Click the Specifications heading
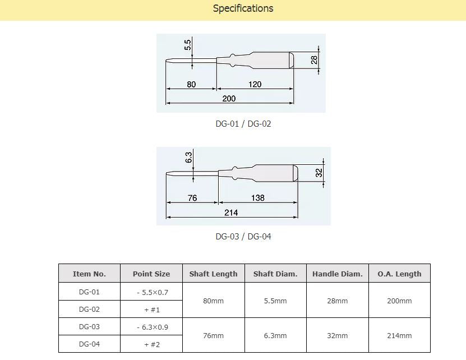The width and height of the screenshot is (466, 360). click(x=243, y=8)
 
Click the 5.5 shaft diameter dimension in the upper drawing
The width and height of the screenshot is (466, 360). click(x=188, y=45)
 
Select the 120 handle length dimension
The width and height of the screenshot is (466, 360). click(x=255, y=84)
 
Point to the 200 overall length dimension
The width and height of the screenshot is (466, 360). click(x=229, y=99)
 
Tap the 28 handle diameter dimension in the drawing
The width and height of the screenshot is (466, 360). click(x=315, y=59)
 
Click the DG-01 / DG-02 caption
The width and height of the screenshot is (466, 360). click(x=243, y=124)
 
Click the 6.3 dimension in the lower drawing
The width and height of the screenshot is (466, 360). click(x=188, y=158)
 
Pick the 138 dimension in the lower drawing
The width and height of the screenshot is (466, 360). click(x=257, y=198)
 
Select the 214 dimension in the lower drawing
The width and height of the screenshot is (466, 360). click(x=231, y=213)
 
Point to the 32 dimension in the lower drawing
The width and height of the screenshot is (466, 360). click(x=319, y=173)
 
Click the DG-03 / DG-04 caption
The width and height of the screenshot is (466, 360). click(x=243, y=237)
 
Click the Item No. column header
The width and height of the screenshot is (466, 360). click(x=89, y=274)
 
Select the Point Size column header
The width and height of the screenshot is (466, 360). click(x=151, y=274)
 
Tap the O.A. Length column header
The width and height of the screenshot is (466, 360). click(x=399, y=274)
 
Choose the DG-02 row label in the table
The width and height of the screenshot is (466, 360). click(x=89, y=309)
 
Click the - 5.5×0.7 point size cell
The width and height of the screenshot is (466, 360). click(x=151, y=292)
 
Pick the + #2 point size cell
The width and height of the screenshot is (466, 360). click(x=151, y=344)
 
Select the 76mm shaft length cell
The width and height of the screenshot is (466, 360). click(x=213, y=335)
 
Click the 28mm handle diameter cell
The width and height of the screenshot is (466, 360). click(x=337, y=301)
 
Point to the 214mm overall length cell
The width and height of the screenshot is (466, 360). click(x=399, y=335)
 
